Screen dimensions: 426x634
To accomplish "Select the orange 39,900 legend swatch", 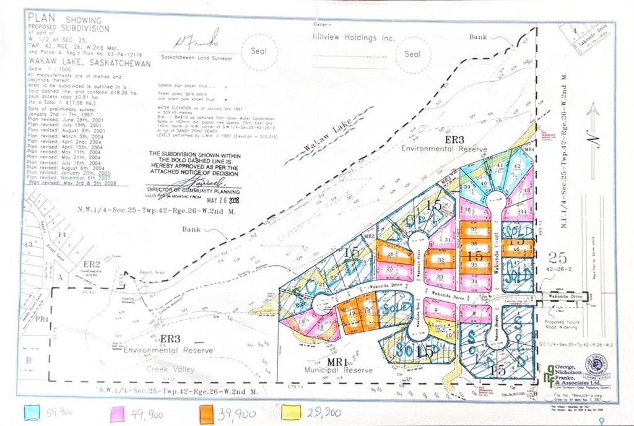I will click(x=209, y=412).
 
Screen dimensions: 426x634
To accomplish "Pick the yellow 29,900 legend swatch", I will click(x=291, y=412).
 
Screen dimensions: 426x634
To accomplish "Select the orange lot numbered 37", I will click(x=474, y=230).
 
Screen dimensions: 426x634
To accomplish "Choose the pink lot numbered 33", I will click(x=440, y=277).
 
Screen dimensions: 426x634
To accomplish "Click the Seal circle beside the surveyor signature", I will click(x=258, y=51).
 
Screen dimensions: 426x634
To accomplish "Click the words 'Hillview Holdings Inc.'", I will click(x=354, y=38).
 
